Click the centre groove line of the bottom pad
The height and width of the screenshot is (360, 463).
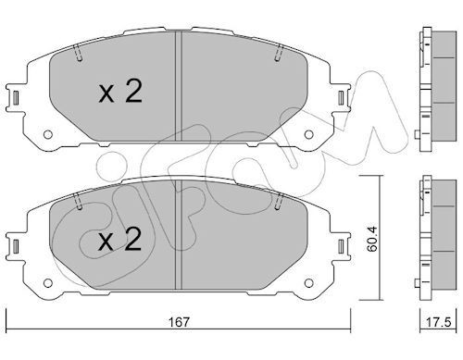178,231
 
